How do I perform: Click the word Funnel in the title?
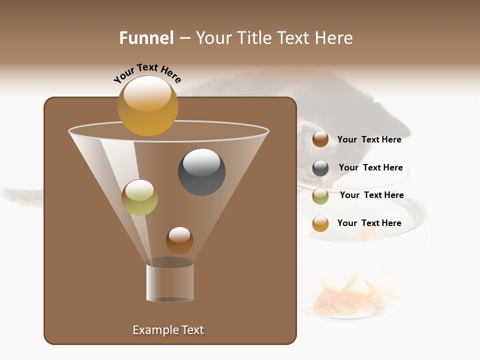coord(146,38)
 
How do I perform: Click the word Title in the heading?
coord(254,38)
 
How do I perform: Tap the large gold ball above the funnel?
coord(148,106)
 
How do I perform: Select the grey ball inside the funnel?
coord(202,172)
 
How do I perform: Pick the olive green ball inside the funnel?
coord(139,197)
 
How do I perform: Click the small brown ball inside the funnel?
coord(179,240)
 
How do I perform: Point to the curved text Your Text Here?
coord(147,72)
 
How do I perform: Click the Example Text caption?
coord(168,330)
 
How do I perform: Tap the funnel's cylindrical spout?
coord(170,282)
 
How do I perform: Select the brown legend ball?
coord(320,139)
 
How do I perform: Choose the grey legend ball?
coord(320,168)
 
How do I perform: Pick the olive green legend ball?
coord(320,196)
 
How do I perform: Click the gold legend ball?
coord(320,224)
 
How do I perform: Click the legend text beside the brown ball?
coord(369,139)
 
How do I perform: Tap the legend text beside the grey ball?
coord(370,167)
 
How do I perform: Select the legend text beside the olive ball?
coord(371,195)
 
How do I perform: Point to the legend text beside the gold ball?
coord(369,223)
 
